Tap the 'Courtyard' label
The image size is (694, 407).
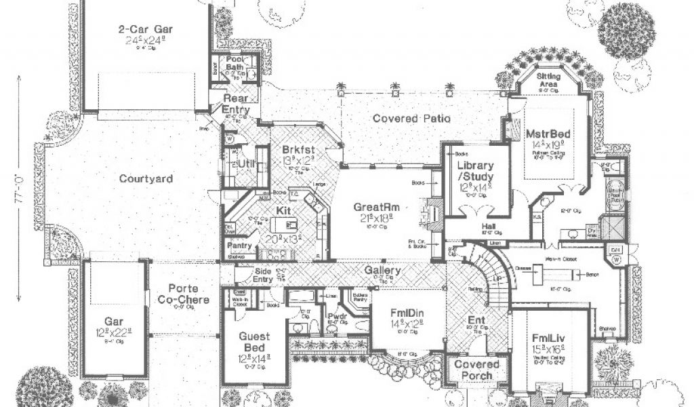click(x=146, y=179)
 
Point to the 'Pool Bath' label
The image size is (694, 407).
click(x=235, y=63)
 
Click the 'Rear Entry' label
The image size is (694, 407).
click(x=237, y=104)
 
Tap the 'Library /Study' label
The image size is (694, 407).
click(x=474, y=172)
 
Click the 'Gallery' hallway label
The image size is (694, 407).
click(x=382, y=270)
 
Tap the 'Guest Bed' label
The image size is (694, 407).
click(x=254, y=342)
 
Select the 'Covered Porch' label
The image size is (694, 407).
click(x=477, y=370)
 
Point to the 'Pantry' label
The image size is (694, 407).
click(x=240, y=246)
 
